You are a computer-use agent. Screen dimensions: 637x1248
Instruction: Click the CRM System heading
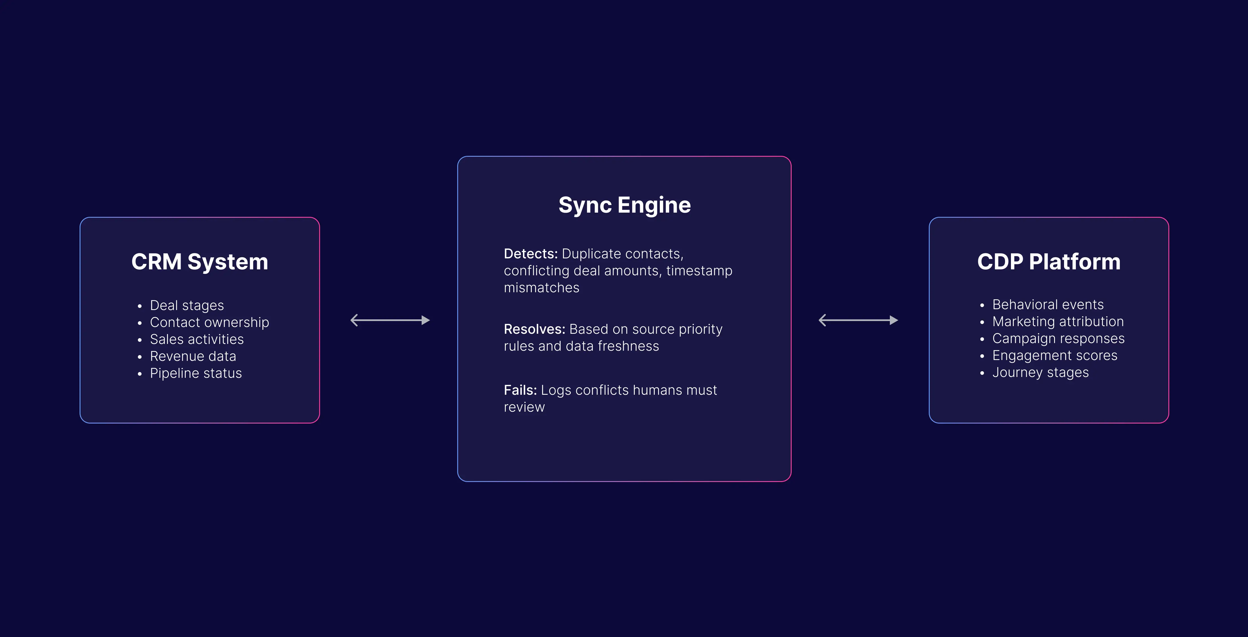200,262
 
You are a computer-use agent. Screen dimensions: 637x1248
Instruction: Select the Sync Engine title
625,205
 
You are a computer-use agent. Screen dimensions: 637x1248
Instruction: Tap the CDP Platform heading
1049,262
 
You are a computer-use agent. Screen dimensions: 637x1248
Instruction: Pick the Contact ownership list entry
209,322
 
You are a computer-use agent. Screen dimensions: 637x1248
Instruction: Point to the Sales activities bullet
197,339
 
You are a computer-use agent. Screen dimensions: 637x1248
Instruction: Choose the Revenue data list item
193,356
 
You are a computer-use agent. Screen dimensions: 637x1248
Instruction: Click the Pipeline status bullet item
196,373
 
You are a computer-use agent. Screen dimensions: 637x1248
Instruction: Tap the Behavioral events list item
1048,304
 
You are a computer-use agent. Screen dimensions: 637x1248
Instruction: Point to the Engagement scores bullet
1055,355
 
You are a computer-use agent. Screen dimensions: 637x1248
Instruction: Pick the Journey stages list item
1041,372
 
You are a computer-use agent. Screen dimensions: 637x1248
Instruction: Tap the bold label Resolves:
534,329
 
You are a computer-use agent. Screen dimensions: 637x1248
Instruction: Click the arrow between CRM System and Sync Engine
390,320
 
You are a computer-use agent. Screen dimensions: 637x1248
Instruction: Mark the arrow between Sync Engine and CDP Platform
858,320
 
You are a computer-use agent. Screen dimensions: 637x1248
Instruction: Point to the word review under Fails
524,407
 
